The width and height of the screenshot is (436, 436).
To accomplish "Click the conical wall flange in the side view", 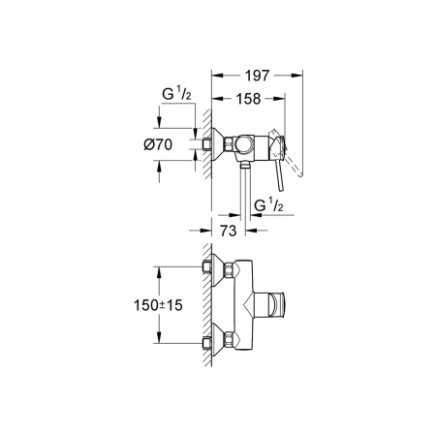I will pyautogui.click(x=219, y=143).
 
